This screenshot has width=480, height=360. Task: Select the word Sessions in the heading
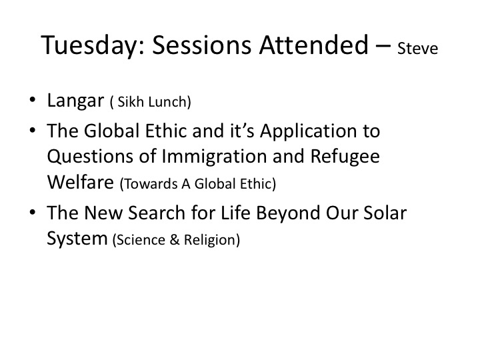(x=201, y=45)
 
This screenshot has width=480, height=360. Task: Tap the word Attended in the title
(x=314, y=45)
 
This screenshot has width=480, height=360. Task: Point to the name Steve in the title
(x=417, y=49)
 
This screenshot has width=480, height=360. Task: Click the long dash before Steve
(x=383, y=47)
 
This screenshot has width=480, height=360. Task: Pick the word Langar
(x=75, y=101)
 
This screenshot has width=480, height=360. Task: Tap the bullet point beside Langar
(x=33, y=99)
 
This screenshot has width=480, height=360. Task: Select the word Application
(x=309, y=131)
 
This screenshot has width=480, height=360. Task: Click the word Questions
(x=90, y=156)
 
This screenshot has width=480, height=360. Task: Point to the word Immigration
(x=214, y=157)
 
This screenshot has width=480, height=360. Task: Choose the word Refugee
(x=345, y=157)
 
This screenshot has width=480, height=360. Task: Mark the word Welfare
(x=81, y=182)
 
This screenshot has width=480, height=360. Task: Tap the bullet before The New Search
(x=33, y=212)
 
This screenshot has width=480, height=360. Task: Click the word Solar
(x=385, y=213)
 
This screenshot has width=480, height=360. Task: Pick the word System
(x=77, y=239)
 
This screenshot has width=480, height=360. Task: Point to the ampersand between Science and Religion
(x=174, y=239)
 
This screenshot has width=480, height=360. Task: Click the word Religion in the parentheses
(x=210, y=240)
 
